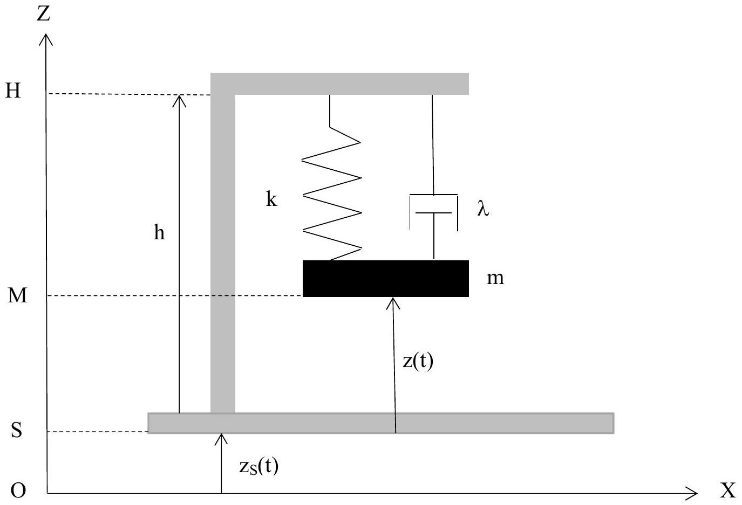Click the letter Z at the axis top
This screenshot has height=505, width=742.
click(x=43, y=14)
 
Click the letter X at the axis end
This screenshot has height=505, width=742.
click(x=727, y=490)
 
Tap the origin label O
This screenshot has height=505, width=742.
click(x=18, y=490)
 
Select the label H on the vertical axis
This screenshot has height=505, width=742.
click(x=13, y=90)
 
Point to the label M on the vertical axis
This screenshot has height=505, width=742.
click(x=17, y=295)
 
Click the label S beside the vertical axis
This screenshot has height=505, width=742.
click(x=17, y=430)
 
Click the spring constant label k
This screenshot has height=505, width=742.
click(x=271, y=199)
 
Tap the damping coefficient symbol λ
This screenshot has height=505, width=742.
click(x=483, y=209)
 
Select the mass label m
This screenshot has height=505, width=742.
click(x=495, y=278)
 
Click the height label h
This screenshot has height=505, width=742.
click(x=159, y=232)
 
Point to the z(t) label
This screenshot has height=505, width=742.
click(x=418, y=362)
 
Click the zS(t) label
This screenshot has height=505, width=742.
click(x=258, y=466)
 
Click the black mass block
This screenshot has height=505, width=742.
click(x=386, y=278)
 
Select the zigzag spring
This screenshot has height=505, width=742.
click(x=331, y=178)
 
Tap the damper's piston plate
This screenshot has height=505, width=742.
click(x=434, y=213)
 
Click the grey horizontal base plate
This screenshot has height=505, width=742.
click(x=381, y=423)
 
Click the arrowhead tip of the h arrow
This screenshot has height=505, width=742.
click(x=179, y=95)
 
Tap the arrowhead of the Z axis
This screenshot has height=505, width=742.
click(x=46, y=33)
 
